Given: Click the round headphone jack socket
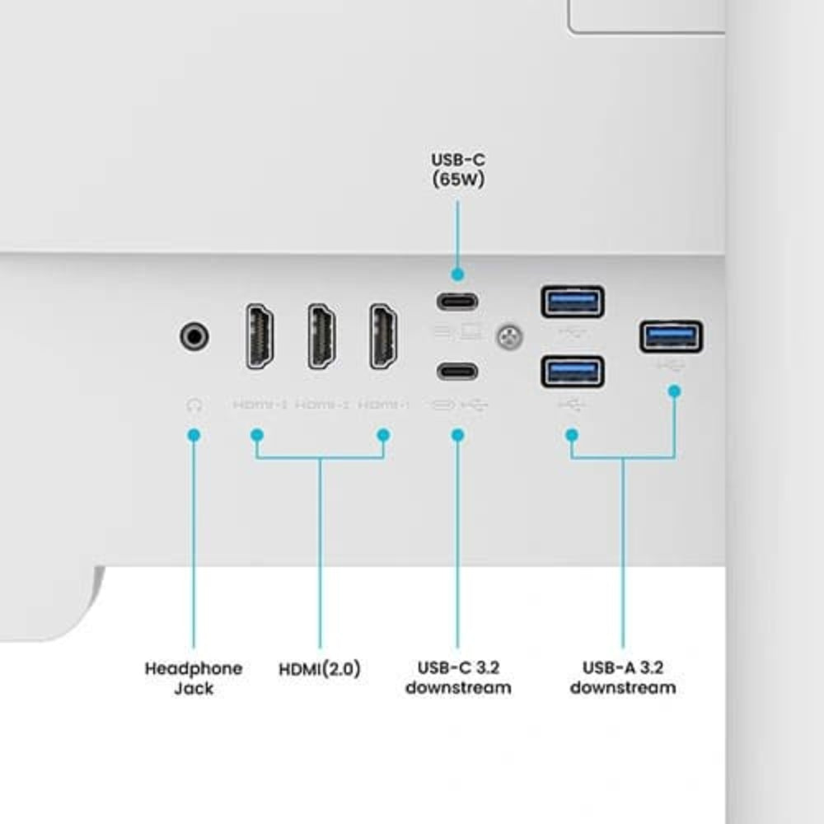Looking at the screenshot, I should point(194,336).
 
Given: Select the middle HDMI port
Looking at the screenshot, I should point(322,336).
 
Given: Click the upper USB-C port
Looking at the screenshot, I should point(457,301).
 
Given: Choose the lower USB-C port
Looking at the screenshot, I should point(457,371).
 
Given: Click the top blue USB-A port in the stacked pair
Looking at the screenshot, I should point(573,302).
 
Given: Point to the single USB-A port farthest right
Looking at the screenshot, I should point(672,336).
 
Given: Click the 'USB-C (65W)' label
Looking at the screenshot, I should point(457,169).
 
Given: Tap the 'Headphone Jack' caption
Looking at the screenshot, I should point(194,677).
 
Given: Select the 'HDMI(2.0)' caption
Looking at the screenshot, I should point(320,670).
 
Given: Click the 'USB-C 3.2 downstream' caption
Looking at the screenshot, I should point(457,677).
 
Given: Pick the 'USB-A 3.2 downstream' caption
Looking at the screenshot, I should point(622,677).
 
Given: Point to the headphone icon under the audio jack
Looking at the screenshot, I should point(194,405).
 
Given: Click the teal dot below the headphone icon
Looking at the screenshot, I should point(194,433).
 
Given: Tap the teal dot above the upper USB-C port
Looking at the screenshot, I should point(457,274).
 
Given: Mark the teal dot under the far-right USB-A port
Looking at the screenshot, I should point(674,391).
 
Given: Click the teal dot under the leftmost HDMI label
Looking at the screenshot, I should point(257,433).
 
